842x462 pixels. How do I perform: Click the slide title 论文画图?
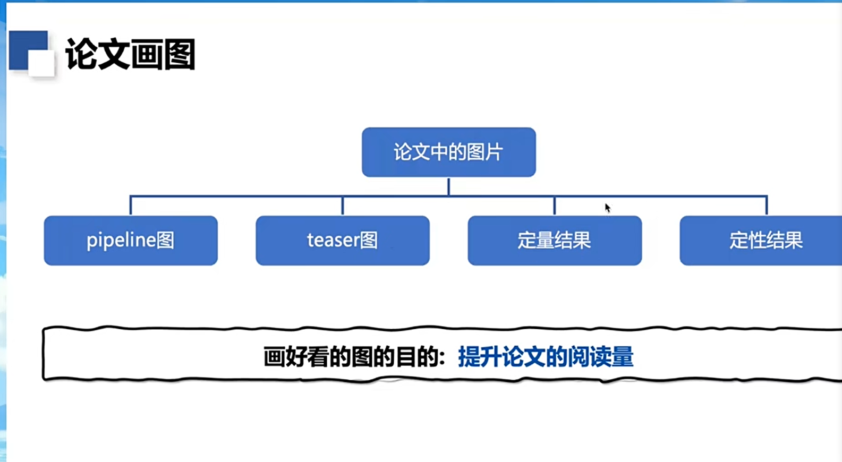click(x=130, y=54)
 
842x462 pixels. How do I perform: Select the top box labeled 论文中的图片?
click(x=448, y=152)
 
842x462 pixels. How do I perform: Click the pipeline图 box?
click(x=131, y=241)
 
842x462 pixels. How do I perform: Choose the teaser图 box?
click(x=343, y=241)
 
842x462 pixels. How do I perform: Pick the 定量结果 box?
click(x=554, y=241)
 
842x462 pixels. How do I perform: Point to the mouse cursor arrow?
click(x=607, y=208)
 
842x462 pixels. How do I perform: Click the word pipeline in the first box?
click(x=121, y=241)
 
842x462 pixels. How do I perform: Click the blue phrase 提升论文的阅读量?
click(x=546, y=357)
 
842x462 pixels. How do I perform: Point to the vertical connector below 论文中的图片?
click(x=448, y=186)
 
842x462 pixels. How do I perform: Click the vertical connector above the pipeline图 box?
click(x=131, y=206)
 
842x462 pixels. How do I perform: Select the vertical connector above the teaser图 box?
click(x=343, y=206)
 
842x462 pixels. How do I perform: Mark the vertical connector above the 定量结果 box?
click(x=555, y=206)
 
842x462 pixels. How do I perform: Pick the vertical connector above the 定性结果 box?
click(x=767, y=206)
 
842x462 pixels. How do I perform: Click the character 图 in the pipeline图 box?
click(x=165, y=241)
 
